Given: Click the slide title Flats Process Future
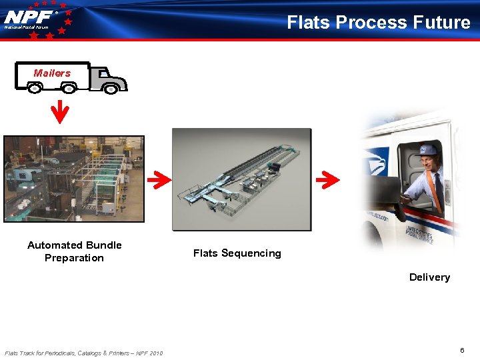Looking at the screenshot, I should [x=378, y=23].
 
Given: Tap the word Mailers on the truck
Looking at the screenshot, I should [x=52, y=73].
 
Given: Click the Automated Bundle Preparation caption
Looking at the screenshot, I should [x=74, y=251].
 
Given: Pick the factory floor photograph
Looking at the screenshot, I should [x=73, y=179].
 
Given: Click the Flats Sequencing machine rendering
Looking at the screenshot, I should [x=241, y=179].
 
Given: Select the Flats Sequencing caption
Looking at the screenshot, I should [x=237, y=253].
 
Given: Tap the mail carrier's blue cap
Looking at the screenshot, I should [x=429, y=151].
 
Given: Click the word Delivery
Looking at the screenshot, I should [x=429, y=277].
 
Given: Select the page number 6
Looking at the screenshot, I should [x=462, y=351].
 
